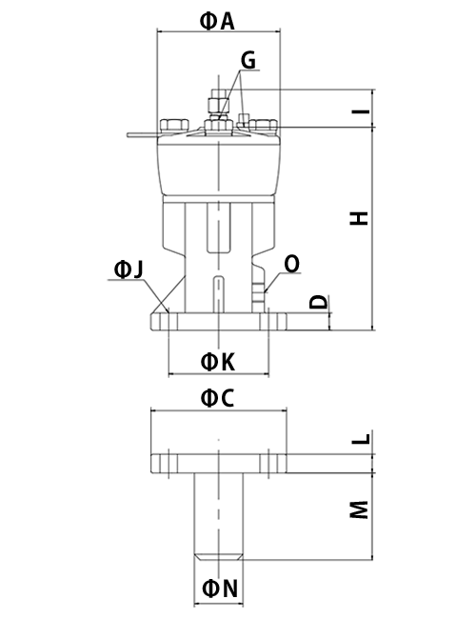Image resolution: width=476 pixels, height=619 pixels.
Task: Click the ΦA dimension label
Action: tap(217, 21)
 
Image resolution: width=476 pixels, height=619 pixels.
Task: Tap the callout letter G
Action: tap(248, 60)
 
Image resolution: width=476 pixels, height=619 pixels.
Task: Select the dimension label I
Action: tap(361, 111)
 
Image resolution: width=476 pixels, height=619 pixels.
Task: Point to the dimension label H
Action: tap(359, 218)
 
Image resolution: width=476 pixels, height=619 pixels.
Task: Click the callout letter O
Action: tap(291, 265)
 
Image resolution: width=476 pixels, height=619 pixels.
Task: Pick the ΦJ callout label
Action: tap(129, 270)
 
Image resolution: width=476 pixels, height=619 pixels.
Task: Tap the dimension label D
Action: tap(319, 302)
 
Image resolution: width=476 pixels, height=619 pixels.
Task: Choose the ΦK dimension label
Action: tap(218, 361)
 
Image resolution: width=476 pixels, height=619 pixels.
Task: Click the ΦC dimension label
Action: tap(217, 398)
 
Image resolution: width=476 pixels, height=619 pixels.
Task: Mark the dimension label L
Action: tap(361, 439)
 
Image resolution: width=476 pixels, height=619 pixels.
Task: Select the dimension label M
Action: tap(359, 510)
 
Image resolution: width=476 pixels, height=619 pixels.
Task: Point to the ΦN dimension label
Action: tap(220, 589)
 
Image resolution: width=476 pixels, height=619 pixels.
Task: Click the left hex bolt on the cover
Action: tap(173, 125)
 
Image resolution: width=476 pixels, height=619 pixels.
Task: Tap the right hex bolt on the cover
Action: tap(263, 125)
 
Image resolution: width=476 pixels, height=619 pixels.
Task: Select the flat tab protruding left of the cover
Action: tap(143, 135)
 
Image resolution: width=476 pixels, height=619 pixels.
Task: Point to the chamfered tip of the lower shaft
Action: tap(219, 557)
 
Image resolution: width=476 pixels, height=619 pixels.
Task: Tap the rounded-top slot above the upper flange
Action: tap(218, 294)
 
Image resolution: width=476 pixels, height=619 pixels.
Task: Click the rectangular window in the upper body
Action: tap(218, 228)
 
